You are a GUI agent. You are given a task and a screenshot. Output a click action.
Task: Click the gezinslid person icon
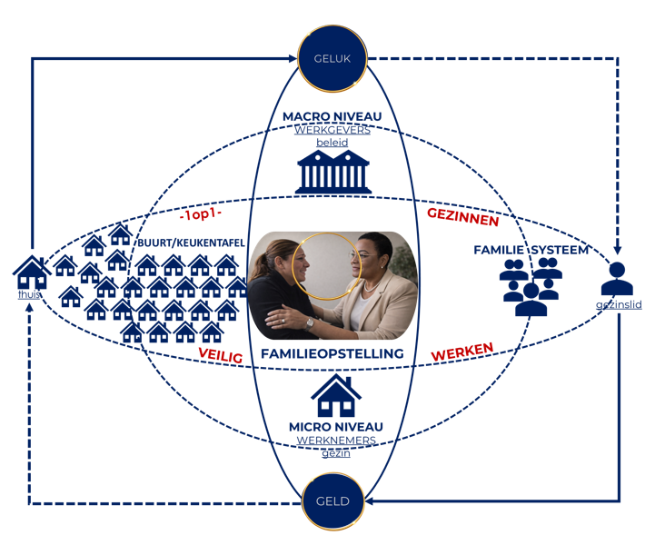point(618,277)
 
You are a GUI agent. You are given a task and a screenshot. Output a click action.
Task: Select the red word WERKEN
point(462,351)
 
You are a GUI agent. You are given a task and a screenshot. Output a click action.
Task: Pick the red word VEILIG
point(221,356)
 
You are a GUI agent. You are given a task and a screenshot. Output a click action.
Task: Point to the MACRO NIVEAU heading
point(332,117)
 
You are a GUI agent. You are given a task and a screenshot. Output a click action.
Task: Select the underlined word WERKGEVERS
point(332,130)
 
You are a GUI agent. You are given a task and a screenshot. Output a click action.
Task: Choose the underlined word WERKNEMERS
point(336,440)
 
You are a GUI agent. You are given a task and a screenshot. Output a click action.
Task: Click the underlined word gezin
point(336,452)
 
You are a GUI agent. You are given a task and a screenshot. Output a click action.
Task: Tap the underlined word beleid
point(332,143)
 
